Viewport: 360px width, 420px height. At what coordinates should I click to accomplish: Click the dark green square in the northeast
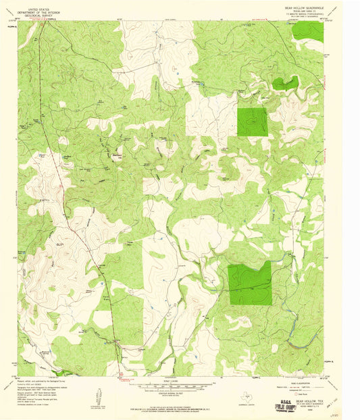pyautogui.click(x=252, y=122)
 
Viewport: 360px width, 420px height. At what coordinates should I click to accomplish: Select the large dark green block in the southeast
pyautogui.click(x=249, y=282)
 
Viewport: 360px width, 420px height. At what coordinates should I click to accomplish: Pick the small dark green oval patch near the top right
pyautogui.click(x=284, y=83)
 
